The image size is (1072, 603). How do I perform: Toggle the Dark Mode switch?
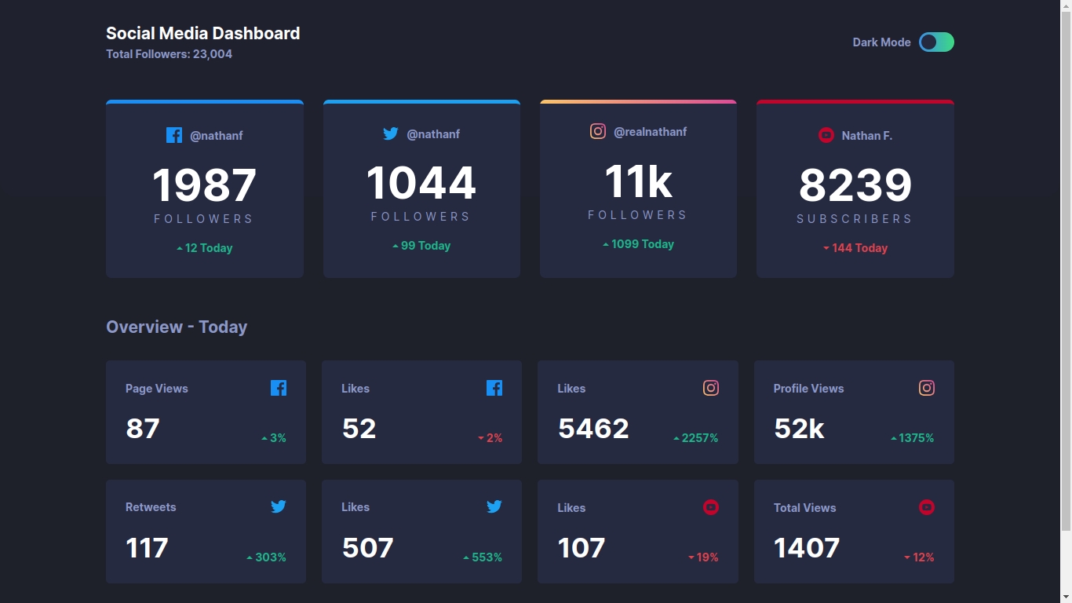(x=936, y=42)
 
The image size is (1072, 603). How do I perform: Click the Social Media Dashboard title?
(x=202, y=34)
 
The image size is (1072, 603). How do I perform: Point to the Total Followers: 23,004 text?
(x=169, y=54)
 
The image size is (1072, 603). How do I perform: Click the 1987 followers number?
(x=204, y=186)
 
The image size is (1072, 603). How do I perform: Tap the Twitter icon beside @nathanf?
(x=390, y=134)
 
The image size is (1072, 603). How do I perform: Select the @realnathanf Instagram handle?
(x=650, y=132)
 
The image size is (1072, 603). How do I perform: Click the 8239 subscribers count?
(x=855, y=186)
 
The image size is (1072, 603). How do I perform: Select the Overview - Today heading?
(x=177, y=327)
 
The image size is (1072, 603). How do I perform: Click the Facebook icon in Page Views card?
(x=279, y=388)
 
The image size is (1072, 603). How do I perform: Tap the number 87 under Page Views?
(x=143, y=429)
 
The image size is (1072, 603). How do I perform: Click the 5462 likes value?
(x=593, y=429)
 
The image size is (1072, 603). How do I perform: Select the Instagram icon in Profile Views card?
(x=926, y=388)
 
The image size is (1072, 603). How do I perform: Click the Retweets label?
(x=151, y=507)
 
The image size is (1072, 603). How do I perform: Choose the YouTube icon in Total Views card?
(x=926, y=507)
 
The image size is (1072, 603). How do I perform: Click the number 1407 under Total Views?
(x=807, y=548)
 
